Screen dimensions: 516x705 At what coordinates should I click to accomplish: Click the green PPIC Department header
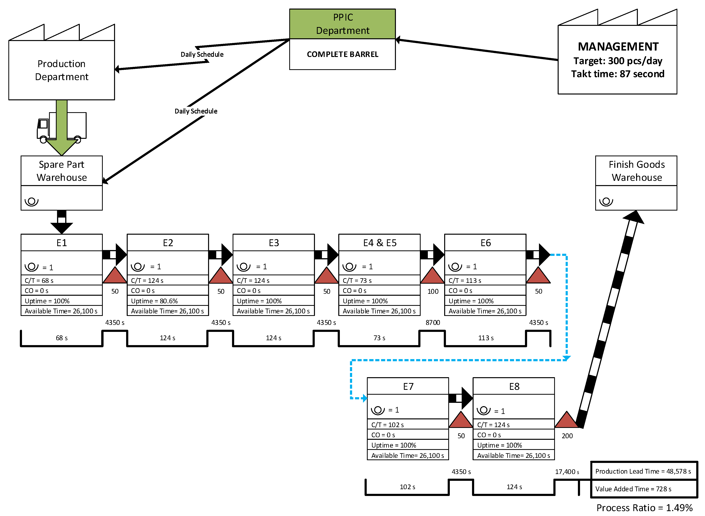point(342,24)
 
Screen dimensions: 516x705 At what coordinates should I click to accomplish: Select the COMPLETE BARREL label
point(342,54)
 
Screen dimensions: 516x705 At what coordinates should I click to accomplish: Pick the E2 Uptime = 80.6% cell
point(168,301)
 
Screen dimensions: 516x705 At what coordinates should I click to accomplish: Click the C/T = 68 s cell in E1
point(61,281)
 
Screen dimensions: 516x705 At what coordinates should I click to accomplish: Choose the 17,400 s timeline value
point(567,472)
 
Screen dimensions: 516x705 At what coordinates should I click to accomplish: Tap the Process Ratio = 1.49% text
point(644,508)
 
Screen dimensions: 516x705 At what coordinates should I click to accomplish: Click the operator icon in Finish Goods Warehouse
point(606,201)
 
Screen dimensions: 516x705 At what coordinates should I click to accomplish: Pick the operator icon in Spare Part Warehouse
point(32,201)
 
